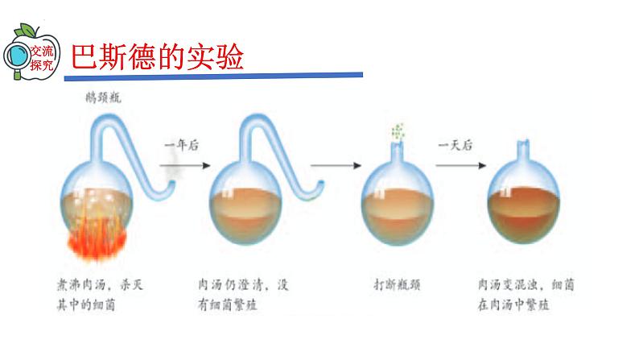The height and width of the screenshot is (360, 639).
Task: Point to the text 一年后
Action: (182, 145)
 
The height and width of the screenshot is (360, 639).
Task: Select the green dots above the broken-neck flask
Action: (397, 132)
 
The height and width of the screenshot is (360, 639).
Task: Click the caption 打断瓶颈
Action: (398, 284)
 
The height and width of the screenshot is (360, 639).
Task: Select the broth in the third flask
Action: (398, 217)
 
